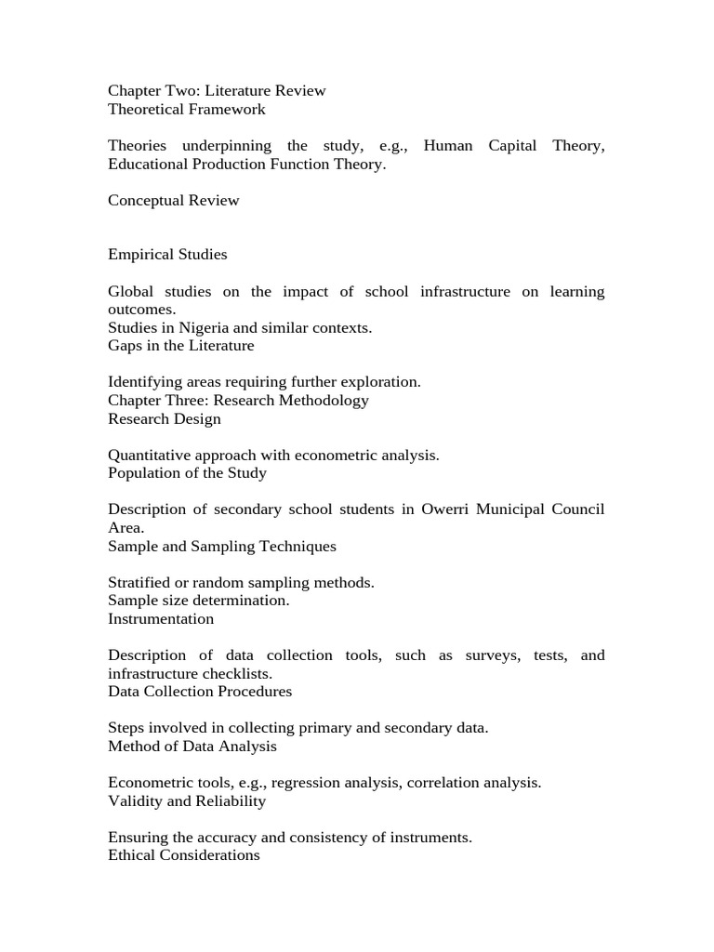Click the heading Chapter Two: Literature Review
click(x=217, y=91)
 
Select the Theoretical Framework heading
click(x=186, y=110)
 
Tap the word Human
click(x=447, y=146)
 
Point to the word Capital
click(x=512, y=146)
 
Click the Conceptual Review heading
click(x=173, y=201)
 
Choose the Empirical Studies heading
click(x=167, y=255)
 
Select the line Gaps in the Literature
click(x=180, y=346)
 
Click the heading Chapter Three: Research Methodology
click(x=238, y=401)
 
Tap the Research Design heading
click(x=165, y=419)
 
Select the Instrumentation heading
click(x=161, y=619)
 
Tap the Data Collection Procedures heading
click(x=200, y=692)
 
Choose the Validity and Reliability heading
click(x=187, y=801)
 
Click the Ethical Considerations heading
click(x=184, y=855)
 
